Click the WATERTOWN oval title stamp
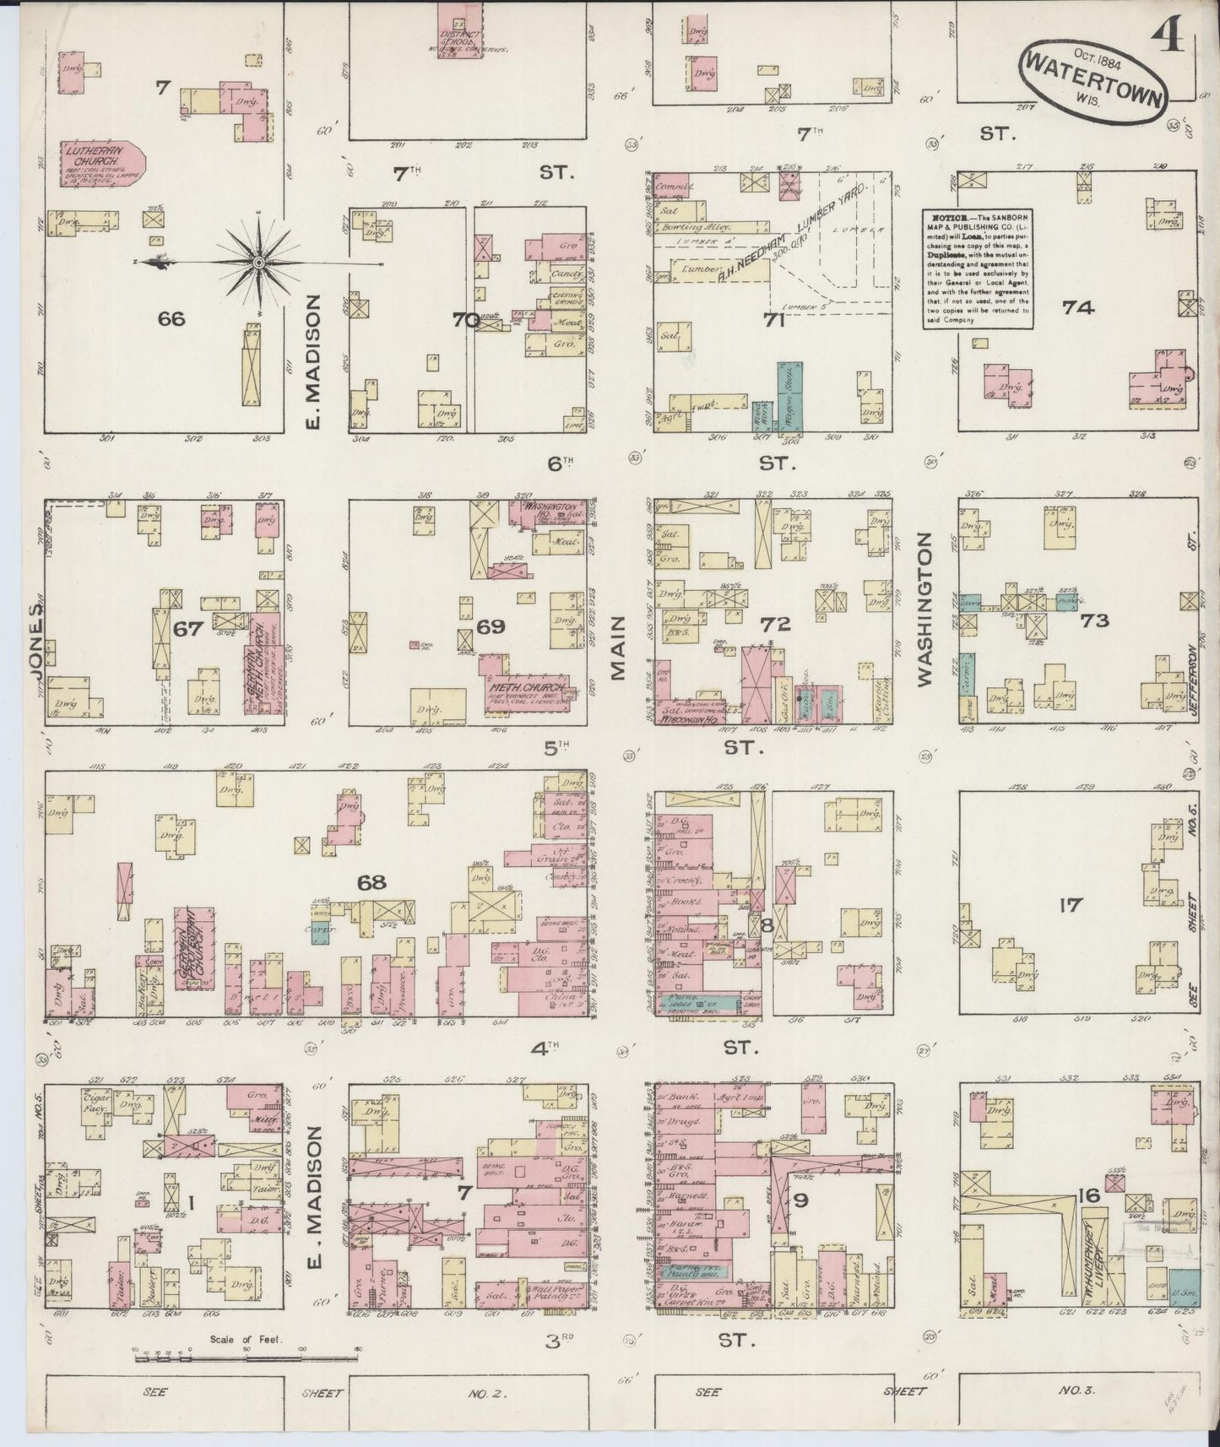click(x=1095, y=77)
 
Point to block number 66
click(x=171, y=318)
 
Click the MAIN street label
click(x=619, y=648)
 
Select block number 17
click(x=1070, y=906)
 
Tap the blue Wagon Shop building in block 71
click(x=790, y=397)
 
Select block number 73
click(x=1094, y=621)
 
